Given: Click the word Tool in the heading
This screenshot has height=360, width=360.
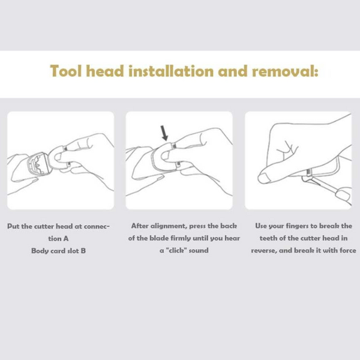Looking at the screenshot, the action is coord(66,71).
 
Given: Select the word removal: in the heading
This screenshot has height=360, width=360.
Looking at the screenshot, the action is coord(285,71).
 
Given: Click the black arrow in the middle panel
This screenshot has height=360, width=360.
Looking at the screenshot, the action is coord(164,133).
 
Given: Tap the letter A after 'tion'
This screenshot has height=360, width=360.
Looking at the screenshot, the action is coord(66,239).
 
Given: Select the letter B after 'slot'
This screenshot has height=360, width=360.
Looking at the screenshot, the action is coord(83,250).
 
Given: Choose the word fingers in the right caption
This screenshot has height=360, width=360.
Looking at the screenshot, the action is coord(297,226).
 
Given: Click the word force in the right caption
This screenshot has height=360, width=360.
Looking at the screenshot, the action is coord(348,250).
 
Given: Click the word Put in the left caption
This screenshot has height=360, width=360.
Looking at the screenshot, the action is coord(13,226).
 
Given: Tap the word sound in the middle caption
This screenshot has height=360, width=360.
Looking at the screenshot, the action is coord(199,250).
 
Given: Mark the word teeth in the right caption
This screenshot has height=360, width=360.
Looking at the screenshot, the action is coord(268,238).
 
